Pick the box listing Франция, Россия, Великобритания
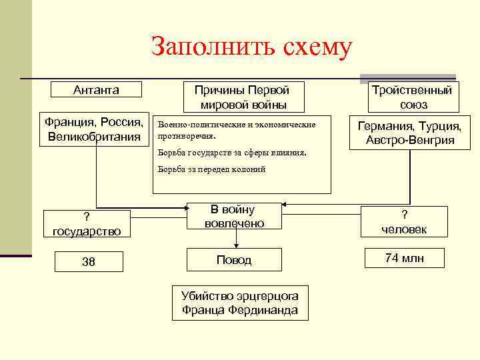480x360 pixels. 95,129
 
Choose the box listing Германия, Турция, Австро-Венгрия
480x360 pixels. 410,133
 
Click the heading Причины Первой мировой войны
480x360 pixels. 241,97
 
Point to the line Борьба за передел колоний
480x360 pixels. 211,169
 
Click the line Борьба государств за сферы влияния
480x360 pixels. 231,152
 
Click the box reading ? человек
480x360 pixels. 404,222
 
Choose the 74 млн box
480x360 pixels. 404,258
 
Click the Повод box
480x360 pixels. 234,260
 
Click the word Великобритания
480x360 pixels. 95,137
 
